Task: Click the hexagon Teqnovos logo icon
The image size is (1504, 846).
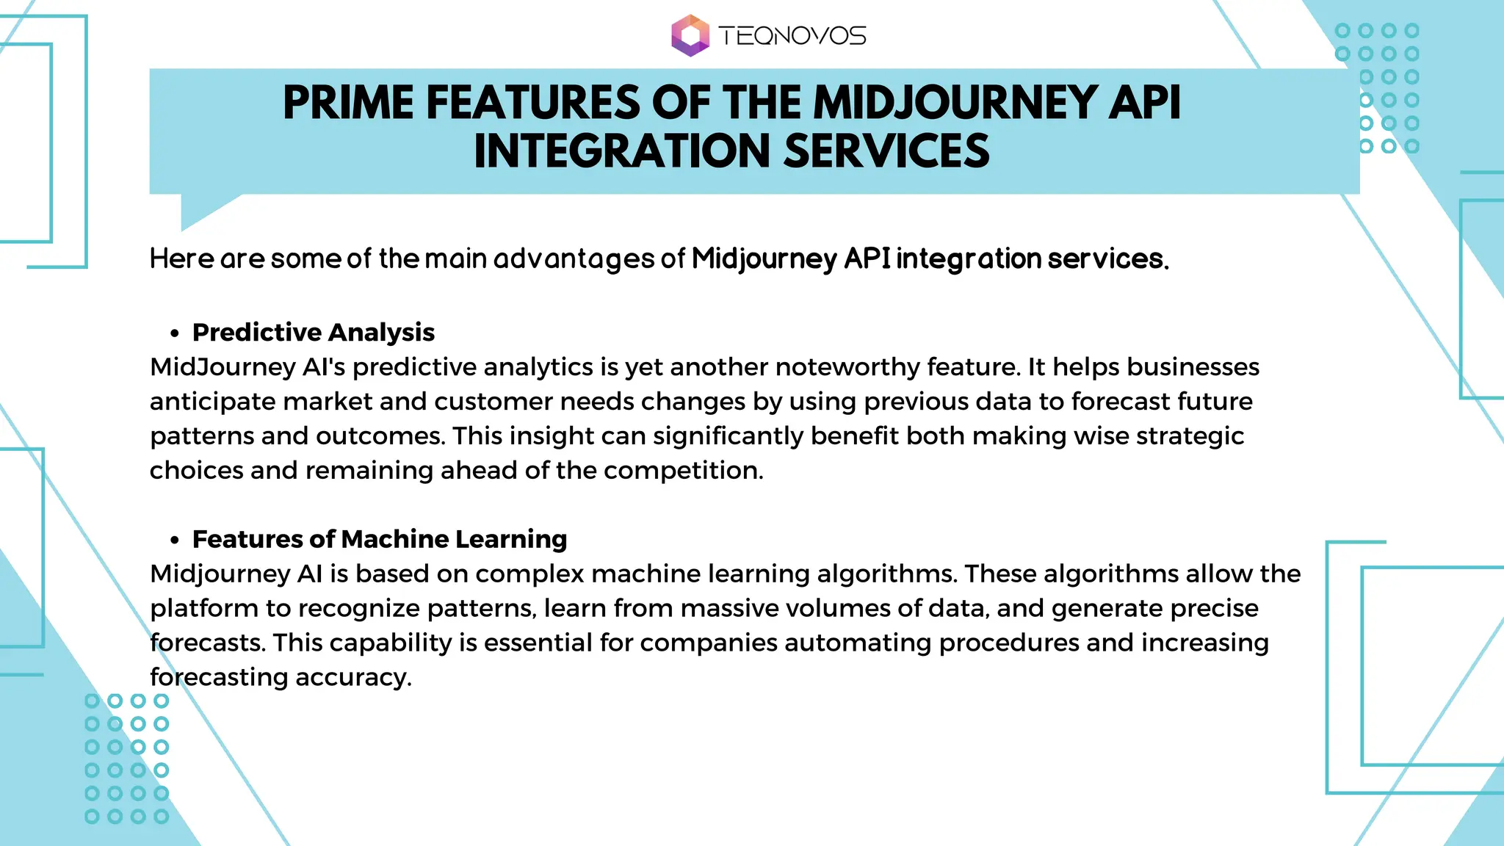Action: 690,35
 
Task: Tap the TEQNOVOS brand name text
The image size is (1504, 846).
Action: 792,36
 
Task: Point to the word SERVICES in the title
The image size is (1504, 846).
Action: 886,151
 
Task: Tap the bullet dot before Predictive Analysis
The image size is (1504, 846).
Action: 174,333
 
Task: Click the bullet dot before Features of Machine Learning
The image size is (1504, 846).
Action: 174,540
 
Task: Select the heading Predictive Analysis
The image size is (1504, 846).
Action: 314,333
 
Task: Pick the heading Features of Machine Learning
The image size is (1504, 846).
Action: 380,540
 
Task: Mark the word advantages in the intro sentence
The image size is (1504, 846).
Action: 572,259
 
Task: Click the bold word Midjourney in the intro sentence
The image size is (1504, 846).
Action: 764,259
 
